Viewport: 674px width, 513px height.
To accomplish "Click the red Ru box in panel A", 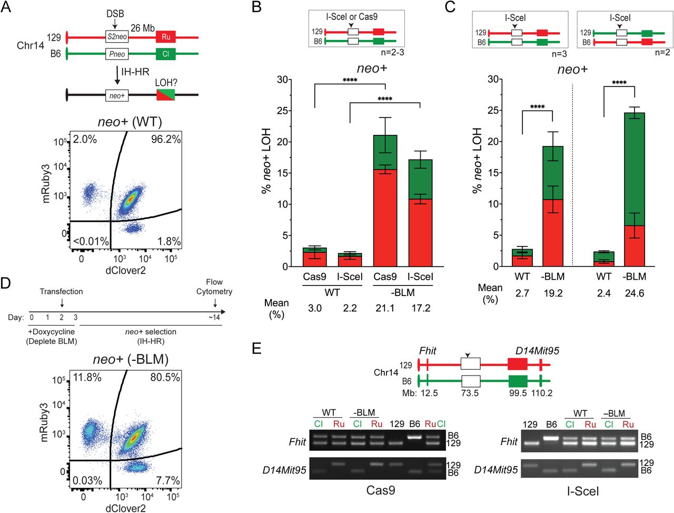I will (x=166, y=37).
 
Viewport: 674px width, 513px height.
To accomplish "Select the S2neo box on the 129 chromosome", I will (x=117, y=37).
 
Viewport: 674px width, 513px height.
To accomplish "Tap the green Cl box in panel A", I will (x=166, y=54).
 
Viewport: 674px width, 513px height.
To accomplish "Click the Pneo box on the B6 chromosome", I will (x=117, y=54).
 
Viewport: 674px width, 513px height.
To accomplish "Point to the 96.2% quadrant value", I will (x=165, y=140).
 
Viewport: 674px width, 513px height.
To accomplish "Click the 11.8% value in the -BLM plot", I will (x=87, y=378).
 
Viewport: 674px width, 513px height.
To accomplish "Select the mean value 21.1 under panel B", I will (x=385, y=308).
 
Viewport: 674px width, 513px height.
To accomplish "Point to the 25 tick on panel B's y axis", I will (x=283, y=111).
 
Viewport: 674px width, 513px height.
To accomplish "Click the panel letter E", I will (x=256, y=349).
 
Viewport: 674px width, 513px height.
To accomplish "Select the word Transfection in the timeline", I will (x=62, y=291).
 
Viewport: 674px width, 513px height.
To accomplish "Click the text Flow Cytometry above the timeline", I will (x=214, y=287).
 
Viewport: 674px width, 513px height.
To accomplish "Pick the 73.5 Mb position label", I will (x=470, y=393).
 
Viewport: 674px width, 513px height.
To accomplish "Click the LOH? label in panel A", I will (x=166, y=83).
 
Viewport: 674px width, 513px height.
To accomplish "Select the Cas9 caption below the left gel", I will (x=380, y=490).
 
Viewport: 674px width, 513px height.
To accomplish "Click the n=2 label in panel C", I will (x=662, y=53).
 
